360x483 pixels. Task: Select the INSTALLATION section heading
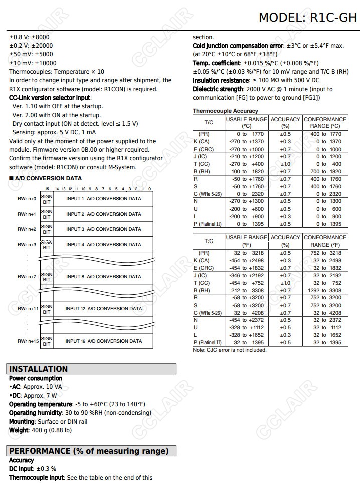pyautogui.click(x=39, y=369)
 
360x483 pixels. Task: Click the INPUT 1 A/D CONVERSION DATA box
pyautogui.click(x=103, y=199)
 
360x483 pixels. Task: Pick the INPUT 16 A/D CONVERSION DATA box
pyautogui.click(x=104, y=341)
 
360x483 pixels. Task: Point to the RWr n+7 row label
pyautogui.click(x=27, y=277)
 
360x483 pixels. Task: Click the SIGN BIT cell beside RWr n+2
pyautogui.click(x=47, y=229)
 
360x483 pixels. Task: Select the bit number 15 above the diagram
pyautogui.click(x=47, y=189)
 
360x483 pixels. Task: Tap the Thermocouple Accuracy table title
pyautogui.click(x=225, y=111)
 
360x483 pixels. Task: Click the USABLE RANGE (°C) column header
pyautogui.click(x=246, y=123)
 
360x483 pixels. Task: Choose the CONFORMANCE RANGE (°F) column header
pyautogui.click(x=325, y=241)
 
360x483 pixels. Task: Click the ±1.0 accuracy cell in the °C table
pyautogui.click(x=285, y=164)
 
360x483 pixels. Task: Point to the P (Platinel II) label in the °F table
pyautogui.click(x=207, y=343)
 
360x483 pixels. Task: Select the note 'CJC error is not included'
pyautogui.click(x=230, y=350)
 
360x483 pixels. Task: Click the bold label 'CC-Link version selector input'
pyautogui.click(x=50, y=98)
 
